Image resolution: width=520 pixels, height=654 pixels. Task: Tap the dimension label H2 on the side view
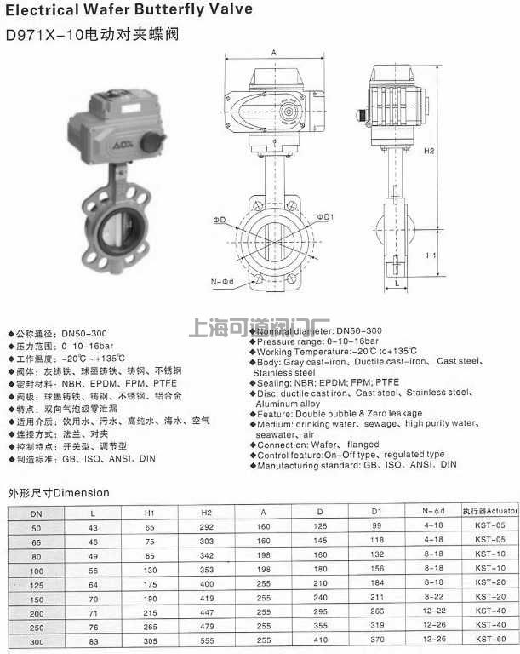pos(431,151)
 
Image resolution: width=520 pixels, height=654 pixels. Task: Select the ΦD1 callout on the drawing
pos(326,217)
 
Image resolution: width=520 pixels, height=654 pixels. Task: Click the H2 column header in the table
pos(206,513)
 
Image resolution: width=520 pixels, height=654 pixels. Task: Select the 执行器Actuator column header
pos(489,513)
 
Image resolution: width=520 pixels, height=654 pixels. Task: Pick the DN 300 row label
pos(36,640)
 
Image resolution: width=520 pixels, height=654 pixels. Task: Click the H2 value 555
pos(206,640)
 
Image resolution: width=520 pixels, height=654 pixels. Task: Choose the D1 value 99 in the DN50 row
pos(376,526)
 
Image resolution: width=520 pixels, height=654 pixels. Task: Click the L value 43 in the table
pos(93,526)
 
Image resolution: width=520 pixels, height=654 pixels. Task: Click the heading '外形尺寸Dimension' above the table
pos(59,492)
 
